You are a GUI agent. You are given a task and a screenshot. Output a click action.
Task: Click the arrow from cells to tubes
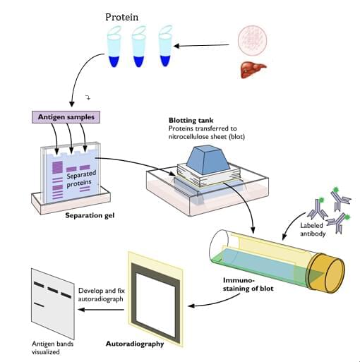click(x=205, y=47)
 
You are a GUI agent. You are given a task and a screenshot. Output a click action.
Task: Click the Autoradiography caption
click(x=154, y=344)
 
